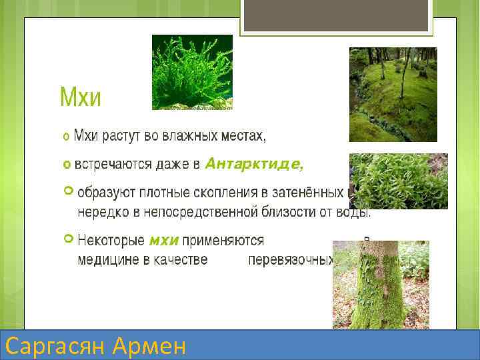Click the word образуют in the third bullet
107,193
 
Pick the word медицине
107,259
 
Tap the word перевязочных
290,259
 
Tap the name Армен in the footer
150,346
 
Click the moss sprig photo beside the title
192,72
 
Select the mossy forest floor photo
393,94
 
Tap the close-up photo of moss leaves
398,181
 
